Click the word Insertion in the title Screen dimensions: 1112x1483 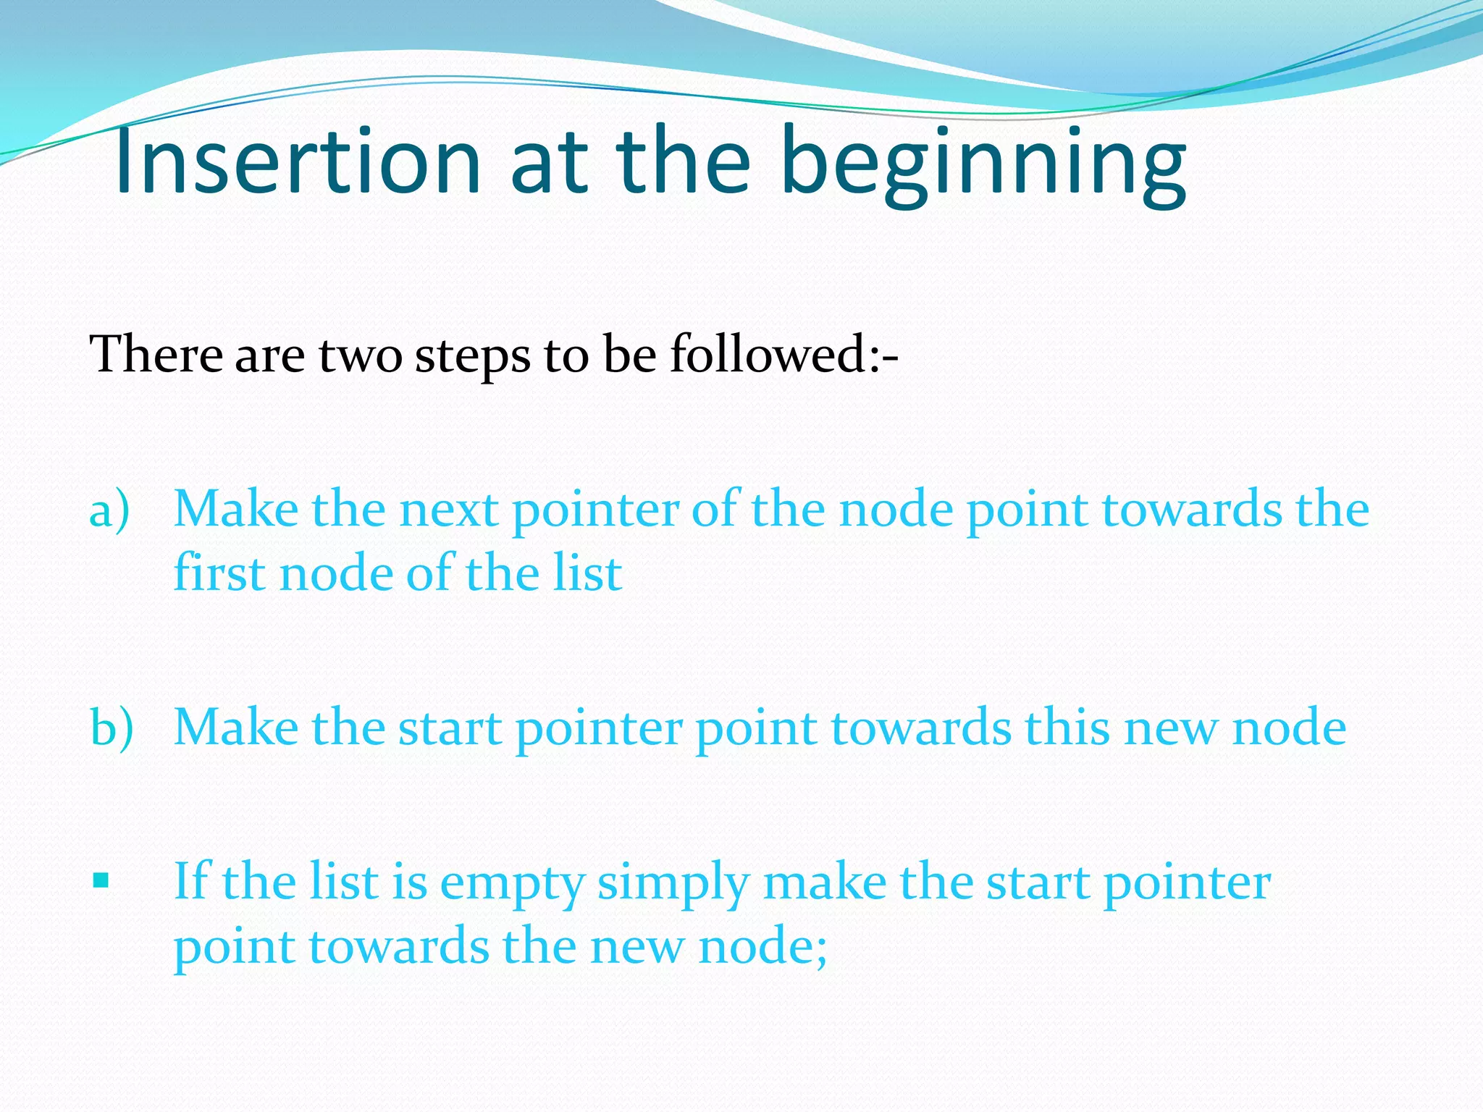297,161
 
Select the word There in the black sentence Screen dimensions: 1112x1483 156,355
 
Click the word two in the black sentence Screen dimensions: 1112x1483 360,356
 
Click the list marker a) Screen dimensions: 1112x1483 109,510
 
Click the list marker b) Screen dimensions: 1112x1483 112,728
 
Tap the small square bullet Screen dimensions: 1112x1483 101,881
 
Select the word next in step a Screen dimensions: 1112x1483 448,510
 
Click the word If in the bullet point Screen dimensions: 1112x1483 191,881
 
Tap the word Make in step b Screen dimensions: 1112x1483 236,728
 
